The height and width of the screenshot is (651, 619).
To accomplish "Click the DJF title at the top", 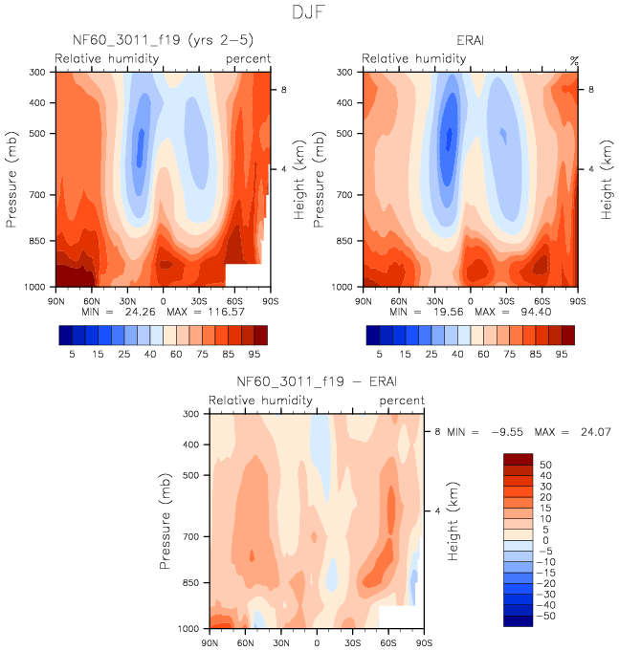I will coord(309,13).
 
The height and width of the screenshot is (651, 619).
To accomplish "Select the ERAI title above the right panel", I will coord(471,41).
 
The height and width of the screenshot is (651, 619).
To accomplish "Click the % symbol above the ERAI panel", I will coord(574,60).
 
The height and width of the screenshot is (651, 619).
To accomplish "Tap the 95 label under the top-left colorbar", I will coord(259,355).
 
